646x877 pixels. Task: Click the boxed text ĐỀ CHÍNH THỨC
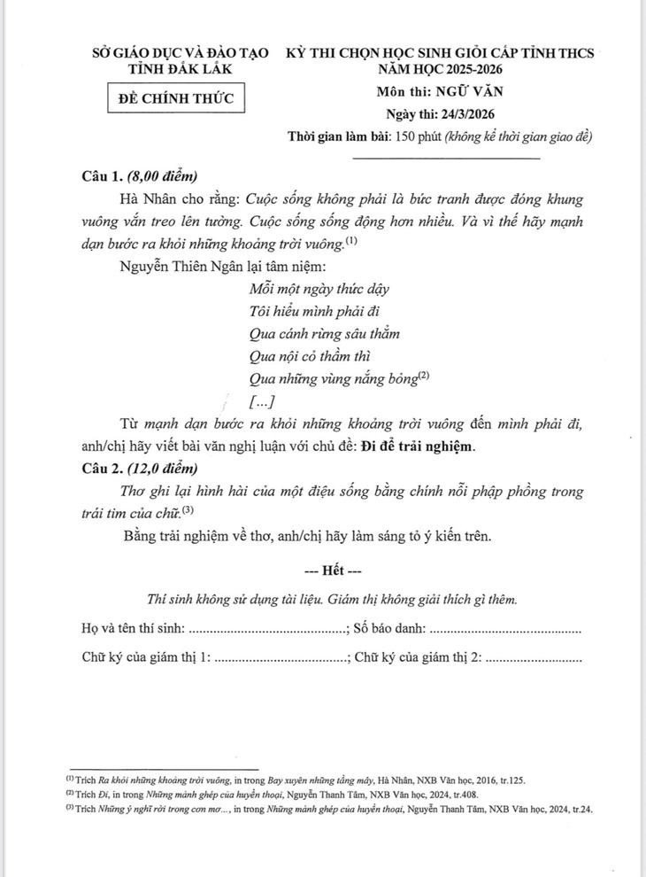tap(176, 97)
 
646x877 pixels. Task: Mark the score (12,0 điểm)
tap(162, 468)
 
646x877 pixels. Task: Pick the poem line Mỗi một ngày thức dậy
tap(319, 289)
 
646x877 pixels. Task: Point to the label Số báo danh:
tap(389, 629)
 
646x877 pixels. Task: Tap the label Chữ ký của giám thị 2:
tap(418, 658)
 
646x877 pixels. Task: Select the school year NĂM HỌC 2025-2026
tap(440, 69)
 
